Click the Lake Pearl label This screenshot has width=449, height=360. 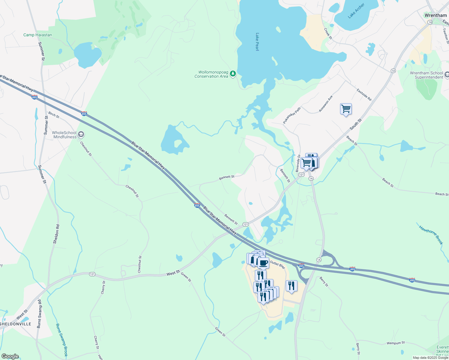[257, 42]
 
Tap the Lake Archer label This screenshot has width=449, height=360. [356, 11]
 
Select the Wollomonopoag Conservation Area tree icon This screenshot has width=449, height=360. [233, 73]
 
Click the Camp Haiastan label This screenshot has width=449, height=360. [38, 35]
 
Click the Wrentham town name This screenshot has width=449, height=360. [435, 15]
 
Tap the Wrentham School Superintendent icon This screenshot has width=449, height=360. [447, 74]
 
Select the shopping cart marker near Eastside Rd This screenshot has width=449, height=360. [346, 109]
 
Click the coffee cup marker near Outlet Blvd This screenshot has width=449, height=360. [263, 263]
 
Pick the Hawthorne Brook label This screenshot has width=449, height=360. [431, 235]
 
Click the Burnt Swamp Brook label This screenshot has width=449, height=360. [62, 340]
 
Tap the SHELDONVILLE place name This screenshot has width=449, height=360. [16, 324]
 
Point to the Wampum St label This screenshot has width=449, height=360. [396, 343]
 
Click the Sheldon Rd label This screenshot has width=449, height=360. [56, 234]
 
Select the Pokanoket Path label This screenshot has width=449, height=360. [292, 116]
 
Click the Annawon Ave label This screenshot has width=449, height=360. [326, 104]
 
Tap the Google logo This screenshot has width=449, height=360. [10, 356]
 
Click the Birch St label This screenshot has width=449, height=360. [54, 115]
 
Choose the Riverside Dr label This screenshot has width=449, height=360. [298, 163]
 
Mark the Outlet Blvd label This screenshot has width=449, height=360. [277, 264]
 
